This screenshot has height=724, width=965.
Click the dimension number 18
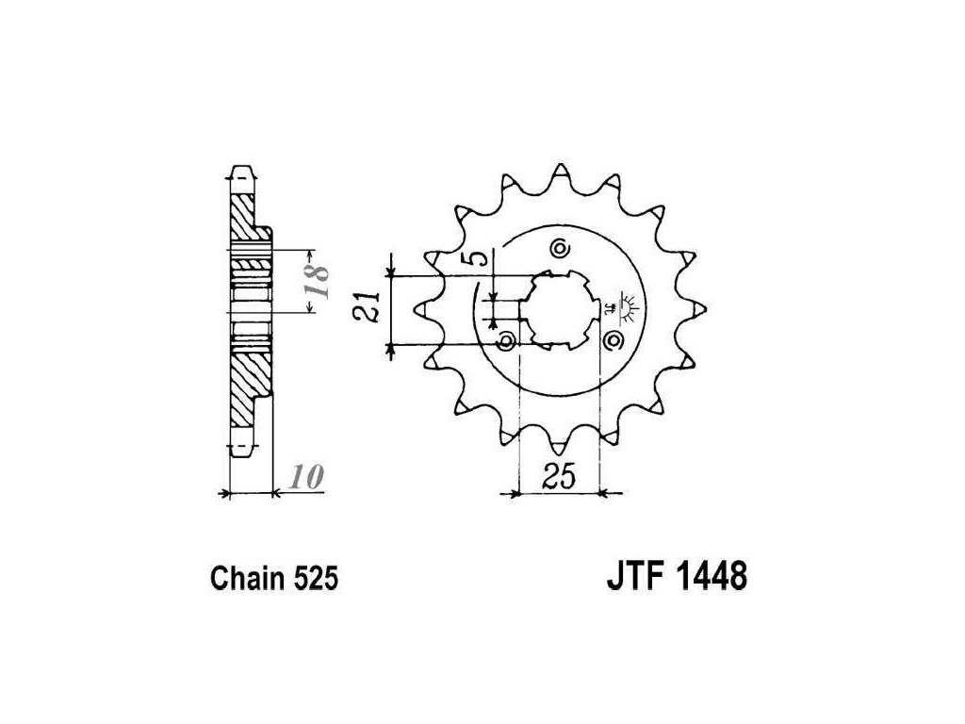(x=320, y=283)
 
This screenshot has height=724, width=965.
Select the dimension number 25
(x=560, y=478)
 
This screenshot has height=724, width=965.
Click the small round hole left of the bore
(x=507, y=339)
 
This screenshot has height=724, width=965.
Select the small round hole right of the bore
(x=616, y=339)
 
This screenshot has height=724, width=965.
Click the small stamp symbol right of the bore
(x=623, y=304)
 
